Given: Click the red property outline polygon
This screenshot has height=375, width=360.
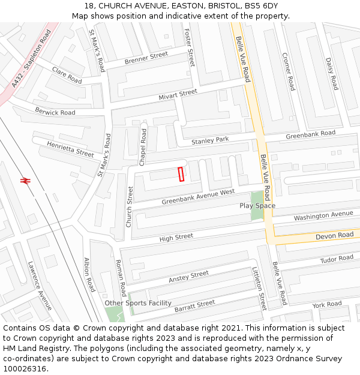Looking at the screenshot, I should point(181,173).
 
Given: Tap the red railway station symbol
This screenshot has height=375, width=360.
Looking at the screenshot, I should point(25,179).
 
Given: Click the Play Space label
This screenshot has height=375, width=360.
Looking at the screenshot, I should point(257,206).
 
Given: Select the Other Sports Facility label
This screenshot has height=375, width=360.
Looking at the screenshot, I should point(138,303).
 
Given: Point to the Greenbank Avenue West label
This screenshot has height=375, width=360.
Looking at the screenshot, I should point(198,197).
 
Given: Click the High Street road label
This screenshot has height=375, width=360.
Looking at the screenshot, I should point(176,238).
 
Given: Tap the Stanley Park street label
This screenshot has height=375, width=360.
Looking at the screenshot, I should point(210,140).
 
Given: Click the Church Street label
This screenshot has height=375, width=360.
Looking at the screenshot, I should point(129,206).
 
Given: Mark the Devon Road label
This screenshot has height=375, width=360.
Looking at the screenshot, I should point(334,236).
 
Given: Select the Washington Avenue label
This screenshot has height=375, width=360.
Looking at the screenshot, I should point(323,215).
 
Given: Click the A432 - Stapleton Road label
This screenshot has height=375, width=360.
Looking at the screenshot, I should point(32,59).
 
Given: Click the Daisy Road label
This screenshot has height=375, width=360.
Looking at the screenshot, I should point(331,74).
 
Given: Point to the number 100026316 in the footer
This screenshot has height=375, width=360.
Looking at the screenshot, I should point(25,368).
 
